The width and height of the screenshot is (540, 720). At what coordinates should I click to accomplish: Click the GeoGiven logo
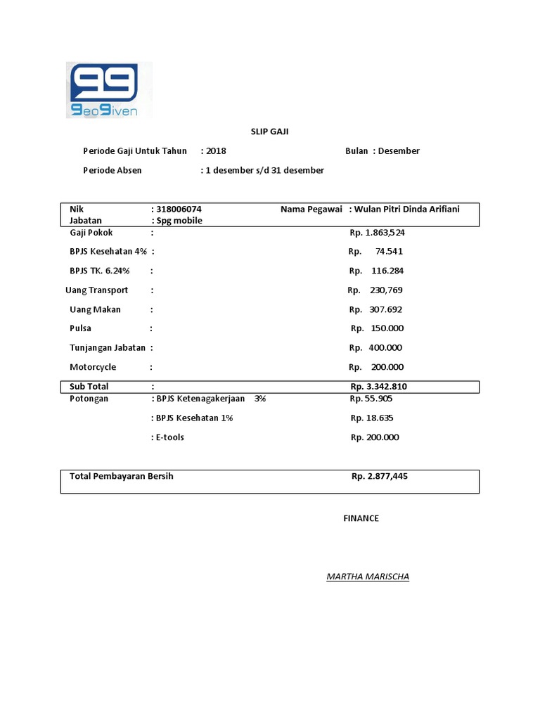109,90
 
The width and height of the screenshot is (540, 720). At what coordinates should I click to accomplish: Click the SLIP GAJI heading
269,131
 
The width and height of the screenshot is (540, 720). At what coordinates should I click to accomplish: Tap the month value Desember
399,151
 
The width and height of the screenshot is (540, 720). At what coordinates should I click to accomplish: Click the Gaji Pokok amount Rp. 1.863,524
377,233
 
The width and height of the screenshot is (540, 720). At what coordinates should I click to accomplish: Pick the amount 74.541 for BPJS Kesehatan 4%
389,252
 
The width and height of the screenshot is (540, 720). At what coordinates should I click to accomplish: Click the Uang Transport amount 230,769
386,290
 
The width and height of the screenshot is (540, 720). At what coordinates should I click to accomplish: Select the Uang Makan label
95,309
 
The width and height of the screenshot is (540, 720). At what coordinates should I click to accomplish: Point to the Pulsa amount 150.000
386,328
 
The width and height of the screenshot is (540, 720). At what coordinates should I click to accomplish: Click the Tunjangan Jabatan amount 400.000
385,348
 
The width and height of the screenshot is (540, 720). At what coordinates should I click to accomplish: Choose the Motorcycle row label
93,367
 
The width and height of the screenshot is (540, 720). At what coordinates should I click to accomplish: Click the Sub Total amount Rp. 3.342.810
378,387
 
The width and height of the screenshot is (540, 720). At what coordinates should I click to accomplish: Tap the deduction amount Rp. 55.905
372,399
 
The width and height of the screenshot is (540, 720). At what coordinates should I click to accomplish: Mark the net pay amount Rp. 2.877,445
379,477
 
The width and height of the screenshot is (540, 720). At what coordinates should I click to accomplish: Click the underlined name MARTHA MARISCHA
368,577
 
